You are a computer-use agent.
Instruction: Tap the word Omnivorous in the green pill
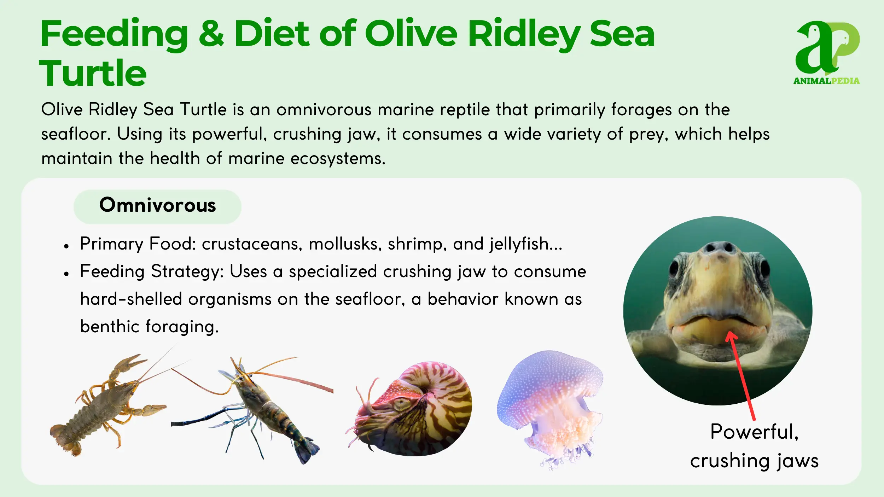(x=157, y=205)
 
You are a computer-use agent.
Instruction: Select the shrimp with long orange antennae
(x=252, y=410)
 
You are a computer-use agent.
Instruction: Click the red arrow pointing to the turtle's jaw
(x=741, y=376)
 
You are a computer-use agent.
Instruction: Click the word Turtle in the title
(x=93, y=73)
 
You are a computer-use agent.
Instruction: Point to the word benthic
(x=110, y=326)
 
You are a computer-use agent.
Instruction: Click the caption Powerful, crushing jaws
(x=754, y=446)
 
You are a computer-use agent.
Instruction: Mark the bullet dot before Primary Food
(x=66, y=246)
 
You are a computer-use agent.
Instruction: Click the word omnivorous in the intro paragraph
(x=324, y=110)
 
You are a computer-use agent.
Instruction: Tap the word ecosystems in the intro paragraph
(x=338, y=159)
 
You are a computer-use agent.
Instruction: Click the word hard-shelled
(x=131, y=299)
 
